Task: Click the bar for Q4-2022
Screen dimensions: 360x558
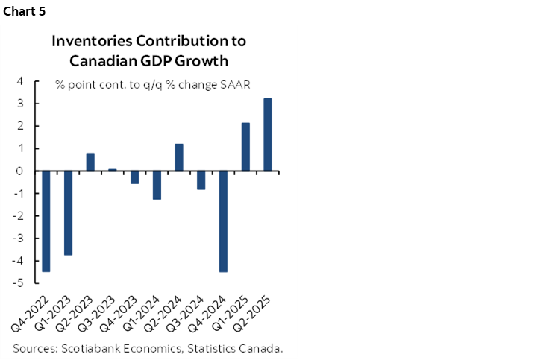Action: click(46, 221)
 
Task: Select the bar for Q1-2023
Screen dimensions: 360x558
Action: click(68, 213)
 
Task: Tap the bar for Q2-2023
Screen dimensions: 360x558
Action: click(90, 162)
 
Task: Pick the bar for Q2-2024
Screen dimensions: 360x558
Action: click(179, 157)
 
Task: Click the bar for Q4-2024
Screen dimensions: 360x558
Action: click(223, 221)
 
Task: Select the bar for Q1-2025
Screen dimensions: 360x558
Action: click(245, 147)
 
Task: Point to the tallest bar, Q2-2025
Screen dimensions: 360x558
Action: click(267, 135)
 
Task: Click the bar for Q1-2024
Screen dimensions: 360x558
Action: click(157, 185)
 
